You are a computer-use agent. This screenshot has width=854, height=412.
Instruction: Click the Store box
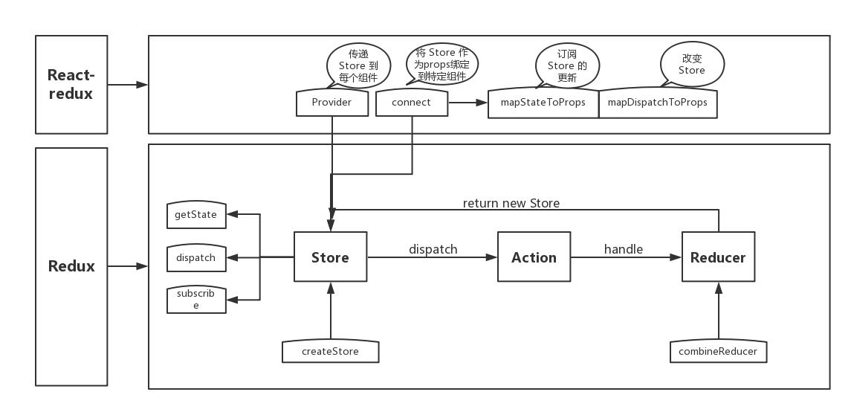(330, 257)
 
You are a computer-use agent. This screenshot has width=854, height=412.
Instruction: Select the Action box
(534, 257)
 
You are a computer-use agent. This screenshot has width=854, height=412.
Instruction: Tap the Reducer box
(717, 257)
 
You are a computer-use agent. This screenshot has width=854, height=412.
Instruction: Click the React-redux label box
(71, 85)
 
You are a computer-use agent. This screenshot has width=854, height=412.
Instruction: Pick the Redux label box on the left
(71, 266)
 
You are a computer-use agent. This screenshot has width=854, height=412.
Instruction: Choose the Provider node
(331, 103)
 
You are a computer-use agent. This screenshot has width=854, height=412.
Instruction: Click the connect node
(412, 103)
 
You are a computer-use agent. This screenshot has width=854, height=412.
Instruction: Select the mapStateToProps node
(543, 103)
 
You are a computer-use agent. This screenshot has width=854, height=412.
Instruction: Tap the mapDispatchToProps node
(657, 103)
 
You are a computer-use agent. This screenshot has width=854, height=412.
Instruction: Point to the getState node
(196, 215)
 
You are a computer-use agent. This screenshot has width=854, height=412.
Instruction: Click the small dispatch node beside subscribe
(196, 257)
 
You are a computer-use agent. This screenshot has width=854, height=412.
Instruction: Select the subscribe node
(196, 299)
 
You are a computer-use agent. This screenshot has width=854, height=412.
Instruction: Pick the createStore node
(330, 351)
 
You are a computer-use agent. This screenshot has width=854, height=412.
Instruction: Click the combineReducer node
(718, 351)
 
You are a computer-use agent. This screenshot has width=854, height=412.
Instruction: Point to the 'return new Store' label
(511, 203)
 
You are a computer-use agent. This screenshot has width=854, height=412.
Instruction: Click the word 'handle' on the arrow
(623, 249)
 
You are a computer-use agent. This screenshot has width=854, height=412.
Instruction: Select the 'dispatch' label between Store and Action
(433, 249)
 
